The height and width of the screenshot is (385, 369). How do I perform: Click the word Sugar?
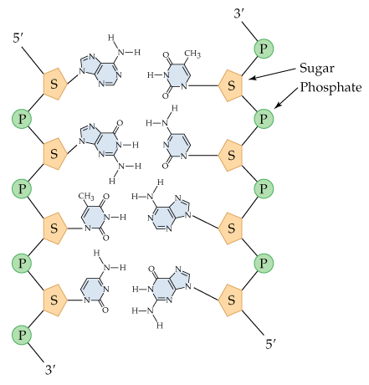point(317,69)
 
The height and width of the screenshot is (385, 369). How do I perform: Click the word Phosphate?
point(331,88)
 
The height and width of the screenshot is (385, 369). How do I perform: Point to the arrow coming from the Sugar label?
point(272,74)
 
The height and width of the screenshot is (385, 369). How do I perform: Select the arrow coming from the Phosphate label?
point(286,98)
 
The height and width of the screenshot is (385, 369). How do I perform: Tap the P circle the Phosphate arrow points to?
point(264,119)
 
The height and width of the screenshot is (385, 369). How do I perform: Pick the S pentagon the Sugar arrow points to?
point(231,85)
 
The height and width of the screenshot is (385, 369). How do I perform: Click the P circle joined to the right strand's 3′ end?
point(264,49)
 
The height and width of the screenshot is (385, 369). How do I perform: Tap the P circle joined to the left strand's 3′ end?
point(22,335)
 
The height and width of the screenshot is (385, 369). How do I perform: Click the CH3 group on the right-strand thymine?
point(192,54)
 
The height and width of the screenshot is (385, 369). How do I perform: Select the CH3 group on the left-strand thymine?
point(86,196)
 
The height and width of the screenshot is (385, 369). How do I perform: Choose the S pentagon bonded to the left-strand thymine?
point(55,228)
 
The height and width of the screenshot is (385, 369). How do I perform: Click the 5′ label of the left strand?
point(18,38)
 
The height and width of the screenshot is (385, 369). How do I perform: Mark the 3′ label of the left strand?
point(50,370)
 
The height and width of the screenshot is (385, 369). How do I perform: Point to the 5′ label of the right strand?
point(270,344)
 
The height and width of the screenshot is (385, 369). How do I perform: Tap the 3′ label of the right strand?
point(239,13)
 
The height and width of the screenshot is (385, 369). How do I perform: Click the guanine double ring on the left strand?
point(100,141)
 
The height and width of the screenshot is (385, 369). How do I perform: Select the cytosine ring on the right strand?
point(177,146)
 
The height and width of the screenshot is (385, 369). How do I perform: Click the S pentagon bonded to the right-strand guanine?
point(231,300)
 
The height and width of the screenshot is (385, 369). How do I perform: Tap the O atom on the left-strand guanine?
point(120,123)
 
